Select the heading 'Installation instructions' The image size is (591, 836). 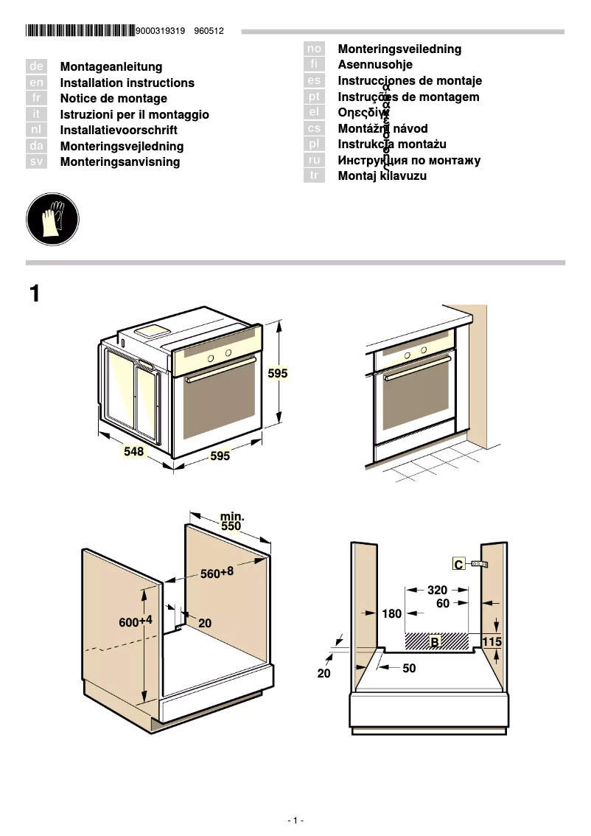pyautogui.click(x=127, y=83)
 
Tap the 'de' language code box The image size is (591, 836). pyautogui.click(x=36, y=67)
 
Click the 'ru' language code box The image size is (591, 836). pyautogui.click(x=314, y=160)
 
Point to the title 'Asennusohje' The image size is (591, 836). pyautogui.click(x=375, y=65)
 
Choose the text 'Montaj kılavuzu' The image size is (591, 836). pyautogui.click(x=382, y=176)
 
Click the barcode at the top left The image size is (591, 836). pyautogui.click(x=80, y=31)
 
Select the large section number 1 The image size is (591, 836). pyautogui.click(x=34, y=294)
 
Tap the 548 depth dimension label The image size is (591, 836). pyautogui.click(x=133, y=451)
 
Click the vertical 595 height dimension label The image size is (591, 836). pyautogui.click(x=278, y=374)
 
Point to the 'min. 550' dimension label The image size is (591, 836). pyautogui.click(x=231, y=522)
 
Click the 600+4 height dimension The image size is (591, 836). pyautogui.click(x=136, y=621)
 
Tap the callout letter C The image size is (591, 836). pyautogui.click(x=458, y=565)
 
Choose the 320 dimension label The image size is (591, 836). pyautogui.click(x=437, y=590)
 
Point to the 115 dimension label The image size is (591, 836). pyautogui.click(x=492, y=642)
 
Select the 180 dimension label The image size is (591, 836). pyautogui.click(x=392, y=613)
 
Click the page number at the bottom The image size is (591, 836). pyautogui.click(x=295, y=821)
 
